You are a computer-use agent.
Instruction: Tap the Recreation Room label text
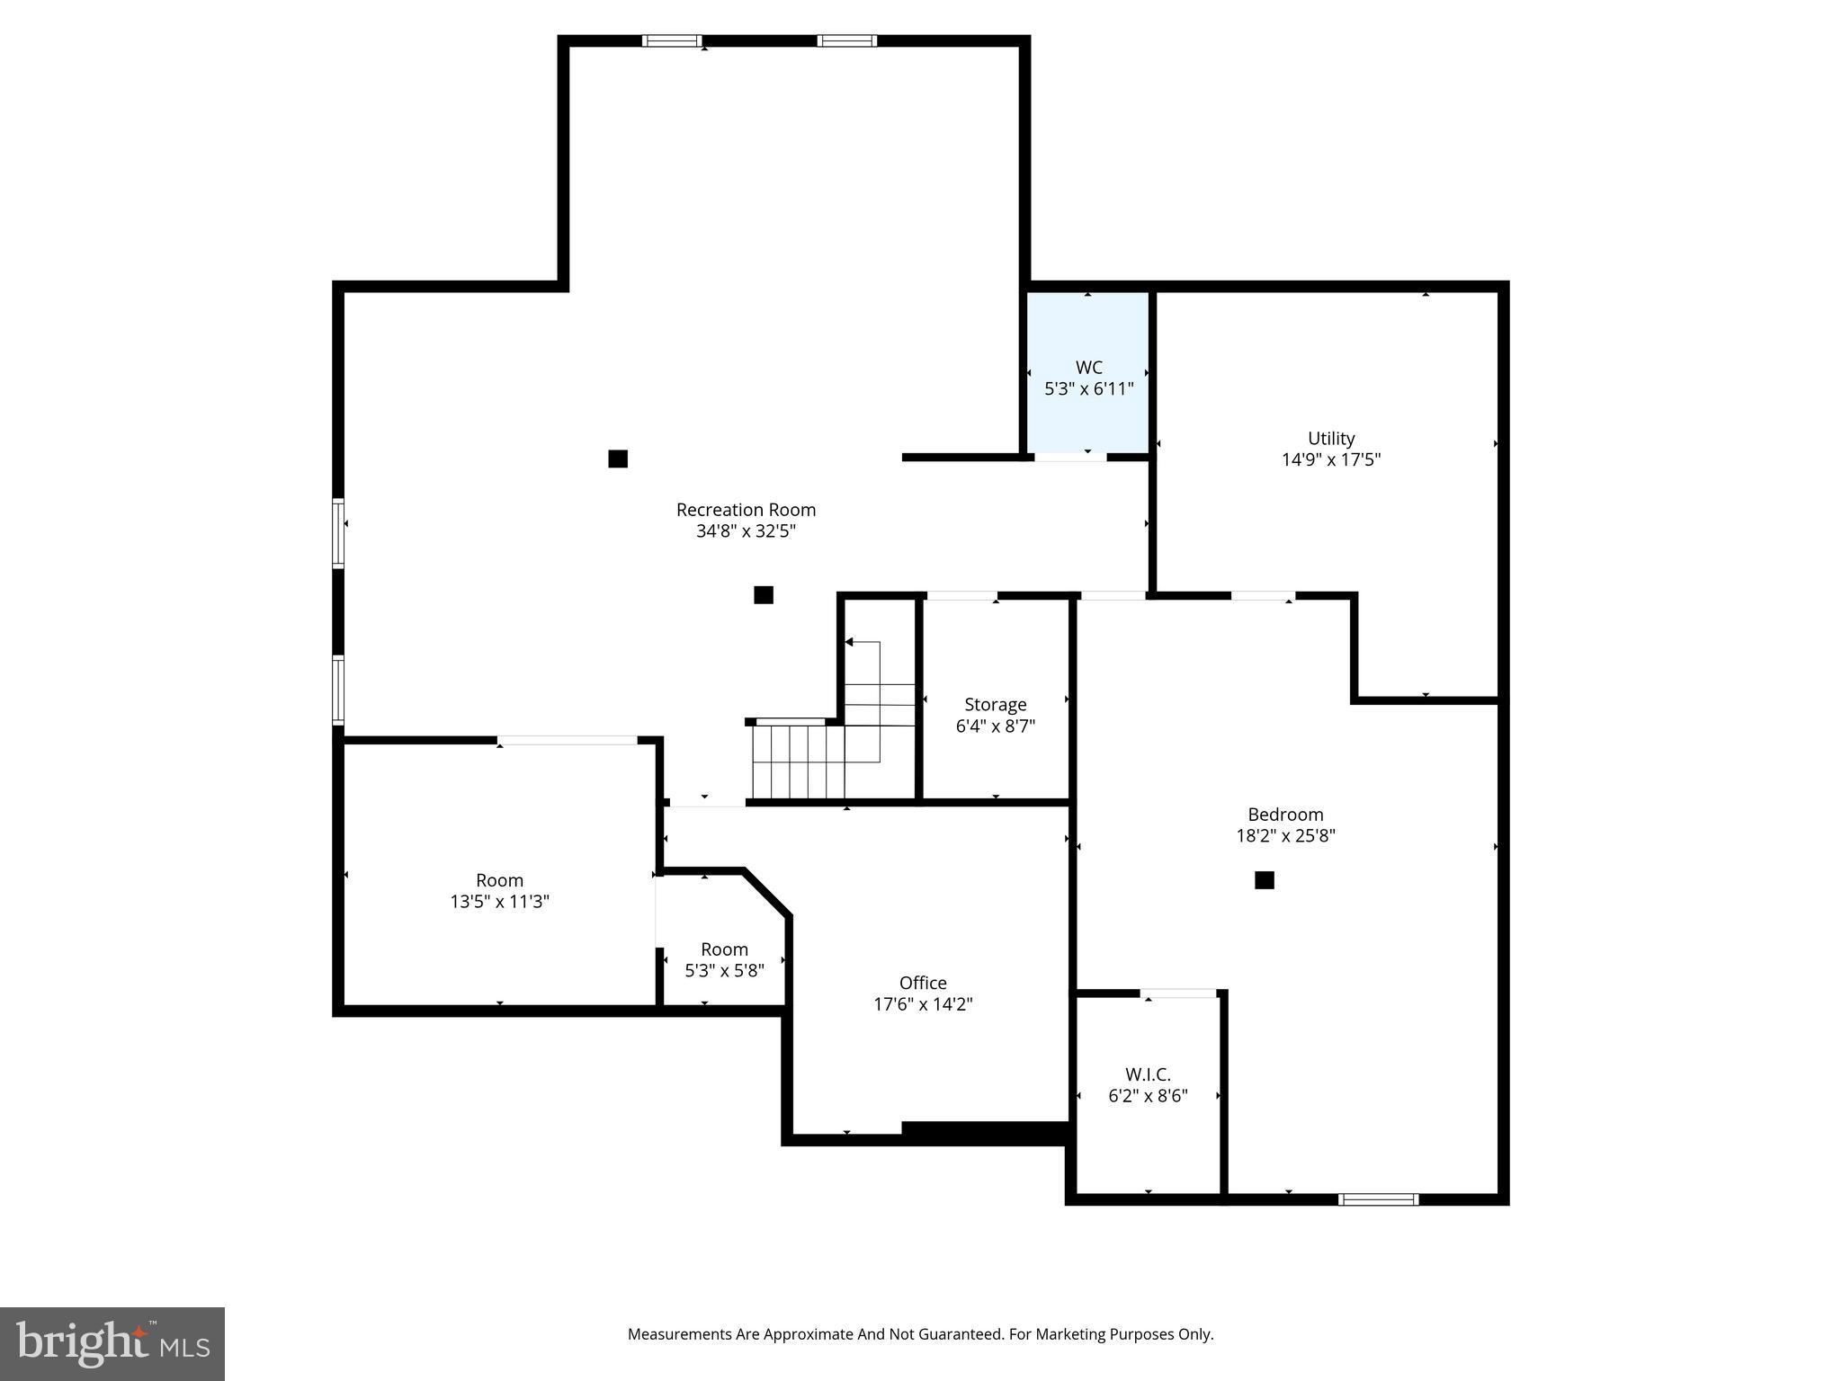click(x=746, y=510)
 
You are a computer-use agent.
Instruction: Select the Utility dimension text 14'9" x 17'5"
click(x=1330, y=460)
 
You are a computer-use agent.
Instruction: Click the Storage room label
click(x=995, y=705)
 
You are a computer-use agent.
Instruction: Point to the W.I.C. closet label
click(x=1148, y=1074)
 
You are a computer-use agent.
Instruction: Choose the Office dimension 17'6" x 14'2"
click(x=923, y=1004)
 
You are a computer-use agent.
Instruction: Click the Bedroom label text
click(x=1285, y=815)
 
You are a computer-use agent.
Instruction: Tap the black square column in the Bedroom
click(x=1264, y=880)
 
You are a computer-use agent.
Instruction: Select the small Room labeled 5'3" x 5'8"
click(x=724, y=959)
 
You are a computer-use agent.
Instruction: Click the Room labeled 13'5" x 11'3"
click(x=499, y=890)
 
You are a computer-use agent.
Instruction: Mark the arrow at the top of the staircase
click(x=849, y=642)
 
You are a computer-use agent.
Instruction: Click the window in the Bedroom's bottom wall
click(x=1378, y=1199)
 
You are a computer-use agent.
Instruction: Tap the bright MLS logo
click(x=112, y=1343)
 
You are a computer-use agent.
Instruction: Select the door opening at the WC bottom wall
click(x=1069, y=458)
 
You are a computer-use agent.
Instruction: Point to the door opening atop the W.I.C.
click(x=1178, y=993)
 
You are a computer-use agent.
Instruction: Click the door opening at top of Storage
click(x=961, y=596)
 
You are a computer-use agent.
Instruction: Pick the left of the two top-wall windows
click(x=671, y=40)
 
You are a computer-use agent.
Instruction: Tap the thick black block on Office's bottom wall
click(x=985, y=1133)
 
